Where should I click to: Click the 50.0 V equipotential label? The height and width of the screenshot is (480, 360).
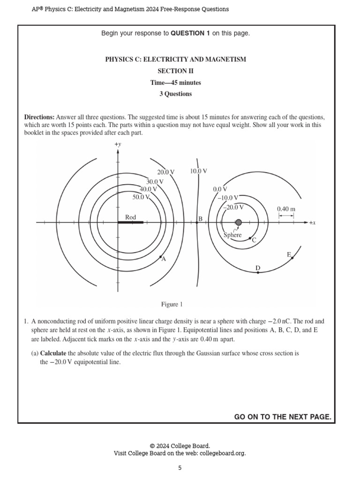[141, 197]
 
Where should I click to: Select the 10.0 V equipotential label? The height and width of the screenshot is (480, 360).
[198, 171]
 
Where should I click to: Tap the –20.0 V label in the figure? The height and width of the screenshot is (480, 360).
[233, 207]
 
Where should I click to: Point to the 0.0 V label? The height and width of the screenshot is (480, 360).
[220, 189]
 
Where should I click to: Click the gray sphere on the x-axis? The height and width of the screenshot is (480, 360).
[239, 222]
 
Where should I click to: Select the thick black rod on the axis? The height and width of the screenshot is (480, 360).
[131, 222]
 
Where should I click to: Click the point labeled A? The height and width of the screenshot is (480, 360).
[160, 257]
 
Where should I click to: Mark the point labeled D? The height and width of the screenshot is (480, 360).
[258, 272]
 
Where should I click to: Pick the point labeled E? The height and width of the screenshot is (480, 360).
[292, 258]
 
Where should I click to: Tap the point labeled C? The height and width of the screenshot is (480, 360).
[249, 239]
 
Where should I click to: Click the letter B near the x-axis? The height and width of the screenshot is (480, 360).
[200, 219]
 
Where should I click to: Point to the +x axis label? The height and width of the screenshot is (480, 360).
[312, 223]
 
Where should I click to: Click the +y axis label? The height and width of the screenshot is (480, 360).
[118, 145]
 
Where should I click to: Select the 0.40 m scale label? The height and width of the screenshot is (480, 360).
[286, 209]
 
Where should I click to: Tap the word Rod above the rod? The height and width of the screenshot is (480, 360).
[130, 217]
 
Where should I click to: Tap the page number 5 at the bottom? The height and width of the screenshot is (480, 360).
[180, 467]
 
